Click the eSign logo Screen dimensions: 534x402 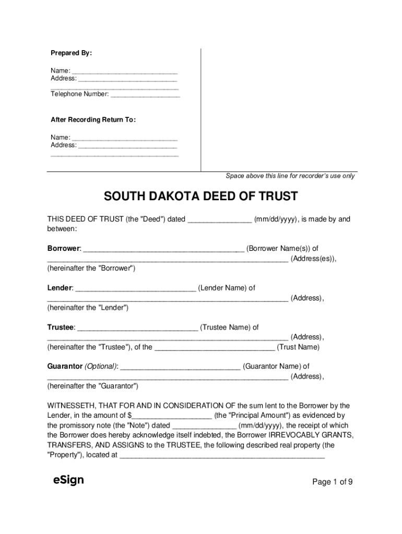pyautogui.click(x=68, y=480)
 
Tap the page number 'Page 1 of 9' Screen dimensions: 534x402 pyautogui.click(x=332, y=482)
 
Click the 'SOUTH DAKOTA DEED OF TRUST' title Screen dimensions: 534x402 pyautogui.click(x=200, y=197)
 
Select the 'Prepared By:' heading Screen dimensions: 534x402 pyautogui.click(x=71, y=53)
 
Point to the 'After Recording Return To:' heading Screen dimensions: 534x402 pyautogui.click(x=93, y=120)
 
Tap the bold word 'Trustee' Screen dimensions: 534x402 pyautogui.click(x=61, y=327)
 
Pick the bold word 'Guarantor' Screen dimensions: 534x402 pyautogui.click(x=65, y=367)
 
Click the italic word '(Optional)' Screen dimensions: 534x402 pyautogui.click(x=101, y=367)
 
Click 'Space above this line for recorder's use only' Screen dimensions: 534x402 pyautogui.click(x=290, y=176)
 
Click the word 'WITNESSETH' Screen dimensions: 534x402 pyautogui.click(x=72, y=406)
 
